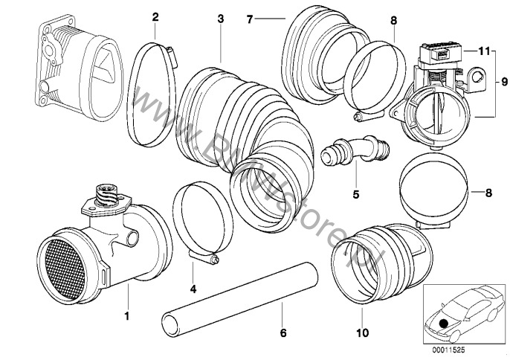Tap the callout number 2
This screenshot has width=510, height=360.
[155, 16]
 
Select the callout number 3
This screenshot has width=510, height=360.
[220, 16]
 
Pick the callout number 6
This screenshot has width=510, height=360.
[283, 332]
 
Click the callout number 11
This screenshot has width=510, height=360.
[483, 51]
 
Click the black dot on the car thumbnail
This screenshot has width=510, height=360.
[444, 323]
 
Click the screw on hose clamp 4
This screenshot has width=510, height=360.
[215, 260]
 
